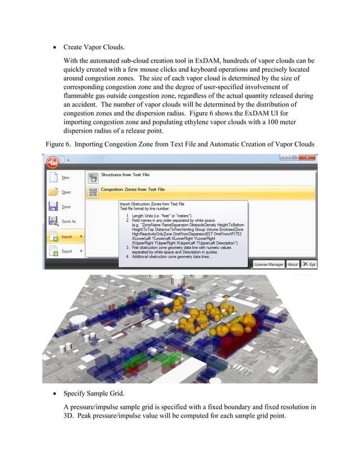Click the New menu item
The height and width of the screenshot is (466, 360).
pos(66,177)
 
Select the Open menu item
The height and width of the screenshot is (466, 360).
pos(66,192)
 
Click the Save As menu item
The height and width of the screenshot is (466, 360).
pos(69,221)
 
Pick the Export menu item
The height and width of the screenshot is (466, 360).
pos(67,251)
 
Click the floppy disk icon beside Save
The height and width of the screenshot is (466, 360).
pos(52,207)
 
